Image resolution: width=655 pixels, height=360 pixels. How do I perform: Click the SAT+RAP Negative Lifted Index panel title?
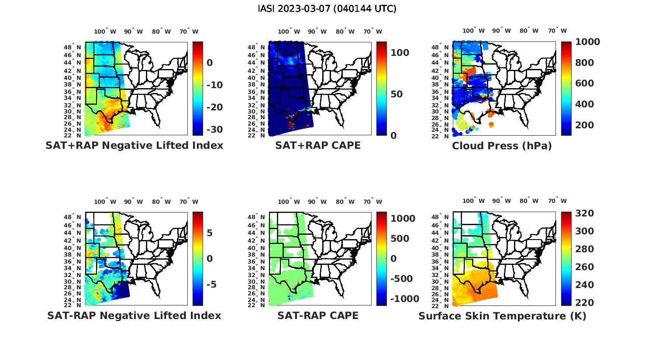pyautogui.click(x=134, y=145)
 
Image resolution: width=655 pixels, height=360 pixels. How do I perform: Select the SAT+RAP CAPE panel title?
pyautogui.click(x=318, y=145)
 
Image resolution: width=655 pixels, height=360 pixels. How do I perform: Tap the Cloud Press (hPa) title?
pyautogui.click(x=502, y=146)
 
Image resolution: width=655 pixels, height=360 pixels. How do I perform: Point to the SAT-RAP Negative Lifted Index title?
pyautogui.click(x=134, y=315)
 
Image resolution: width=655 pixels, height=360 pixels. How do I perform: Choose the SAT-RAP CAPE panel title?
pyautogui.click(x=318, y=315)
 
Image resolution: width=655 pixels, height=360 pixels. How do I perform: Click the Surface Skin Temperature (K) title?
pyautogui.click(x=502, y=316)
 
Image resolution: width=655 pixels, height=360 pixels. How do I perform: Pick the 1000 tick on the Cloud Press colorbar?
pyautogui.click(x=587, y=42)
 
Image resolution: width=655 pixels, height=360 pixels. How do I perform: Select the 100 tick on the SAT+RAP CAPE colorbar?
pyautogui.click(x=400, y=53)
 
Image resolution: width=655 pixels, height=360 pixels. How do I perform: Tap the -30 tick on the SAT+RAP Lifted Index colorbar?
pyautogui.click(x=214, y=130)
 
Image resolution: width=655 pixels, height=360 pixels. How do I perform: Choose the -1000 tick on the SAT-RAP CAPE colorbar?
pyautogui.click(x=404, y=299)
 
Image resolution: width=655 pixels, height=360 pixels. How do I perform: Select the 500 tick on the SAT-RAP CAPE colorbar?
pyautogui.click(x=400, y=239)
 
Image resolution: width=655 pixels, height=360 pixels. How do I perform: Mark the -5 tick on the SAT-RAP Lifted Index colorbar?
pyautogui.click(x=211, y=285)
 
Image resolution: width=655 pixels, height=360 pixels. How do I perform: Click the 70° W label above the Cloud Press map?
pyautogui.click(x=557, y=31)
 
